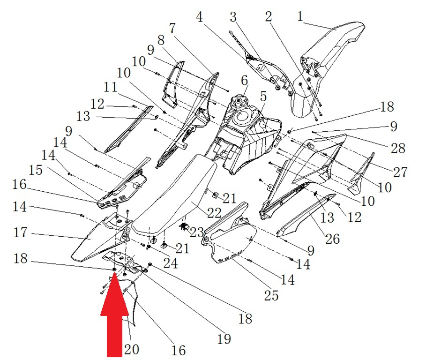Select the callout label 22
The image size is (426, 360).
click(214, 212)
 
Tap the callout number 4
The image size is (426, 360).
click(200, 17)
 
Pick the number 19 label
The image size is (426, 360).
click(224, 338)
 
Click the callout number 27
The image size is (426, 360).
click(400, 172)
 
